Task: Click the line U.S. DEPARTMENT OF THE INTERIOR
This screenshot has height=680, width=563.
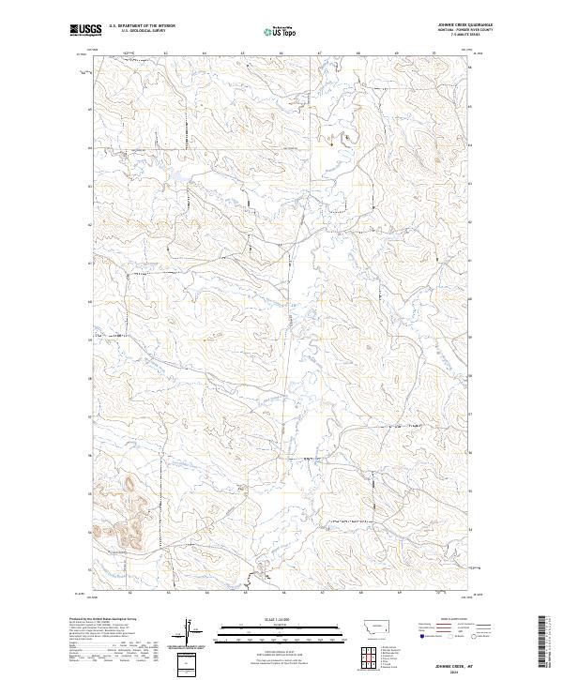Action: click(142, 26)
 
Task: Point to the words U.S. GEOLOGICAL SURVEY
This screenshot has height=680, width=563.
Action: click(136, 31)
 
